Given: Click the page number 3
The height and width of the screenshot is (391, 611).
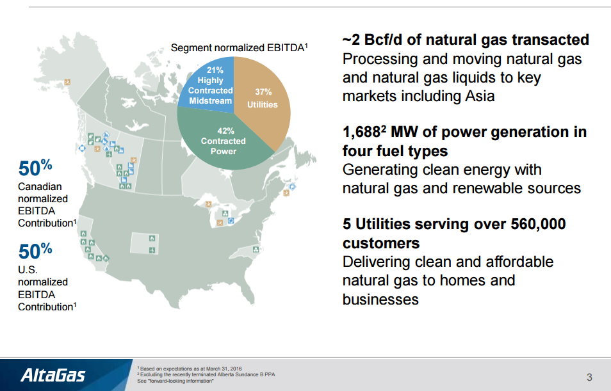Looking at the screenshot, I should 589,376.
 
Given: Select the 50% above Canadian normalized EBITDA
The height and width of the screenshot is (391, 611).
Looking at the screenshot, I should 35,168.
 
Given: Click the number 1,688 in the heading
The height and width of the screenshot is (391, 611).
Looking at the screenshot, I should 363,132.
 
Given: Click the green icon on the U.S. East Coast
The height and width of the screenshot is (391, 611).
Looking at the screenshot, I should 256,250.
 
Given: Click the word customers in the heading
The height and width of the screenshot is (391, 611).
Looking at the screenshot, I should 381,243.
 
